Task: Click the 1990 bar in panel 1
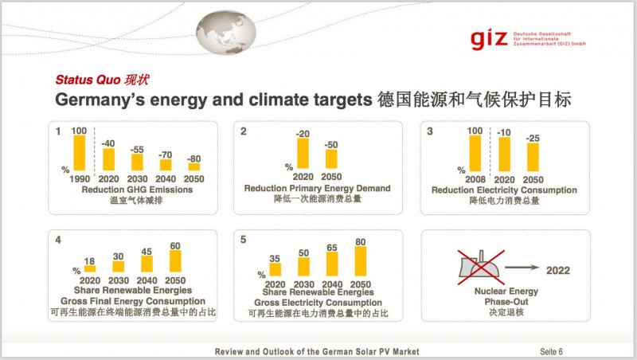(x=78, y=153)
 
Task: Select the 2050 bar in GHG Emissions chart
(x=194, y=166)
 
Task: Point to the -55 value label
(x=137, y=149)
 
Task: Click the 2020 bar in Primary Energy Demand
(x=303, y=154)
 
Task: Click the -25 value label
(x=533, y=138)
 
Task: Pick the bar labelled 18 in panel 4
(x=90, y=268)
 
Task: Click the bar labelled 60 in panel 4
(x=175, y=261)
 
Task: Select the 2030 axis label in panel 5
(x=303, y=284)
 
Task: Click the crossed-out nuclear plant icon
(x=479, y=268)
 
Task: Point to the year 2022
(x=558, y=271)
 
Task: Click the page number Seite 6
(x=553, y=351)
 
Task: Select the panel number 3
(x=430, y=131)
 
